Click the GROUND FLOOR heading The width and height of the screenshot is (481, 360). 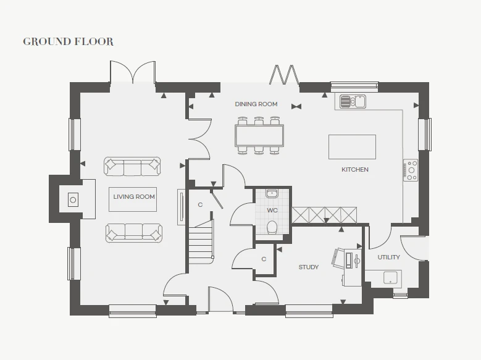coord(68,41)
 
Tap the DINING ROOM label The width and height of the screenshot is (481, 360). coord(256,104)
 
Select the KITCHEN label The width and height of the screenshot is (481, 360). coord(355,169)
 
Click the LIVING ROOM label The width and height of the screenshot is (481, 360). coord(134,197)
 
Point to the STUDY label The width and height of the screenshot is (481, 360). coord(309,267)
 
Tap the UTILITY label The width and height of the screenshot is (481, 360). coord(388,257)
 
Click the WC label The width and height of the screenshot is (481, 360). coord(272,210)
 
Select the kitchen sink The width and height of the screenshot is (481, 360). coord(353,101)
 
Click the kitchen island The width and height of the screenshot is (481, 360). coord(352,147)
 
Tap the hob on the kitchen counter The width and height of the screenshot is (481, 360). coord(411,170)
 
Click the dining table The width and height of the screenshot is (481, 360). coord(259,135)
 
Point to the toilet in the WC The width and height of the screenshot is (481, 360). coord(272,227)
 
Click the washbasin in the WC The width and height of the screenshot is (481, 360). coord(272,193)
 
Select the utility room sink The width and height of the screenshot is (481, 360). coord(390,278)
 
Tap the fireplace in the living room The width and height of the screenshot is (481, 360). coord(73,199)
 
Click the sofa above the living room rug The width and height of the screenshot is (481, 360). coord(132,166)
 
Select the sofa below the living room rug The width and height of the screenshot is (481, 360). coord(134,233)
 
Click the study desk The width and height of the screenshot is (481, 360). coord(353,267)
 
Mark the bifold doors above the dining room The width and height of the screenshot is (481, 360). coord(284,75)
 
